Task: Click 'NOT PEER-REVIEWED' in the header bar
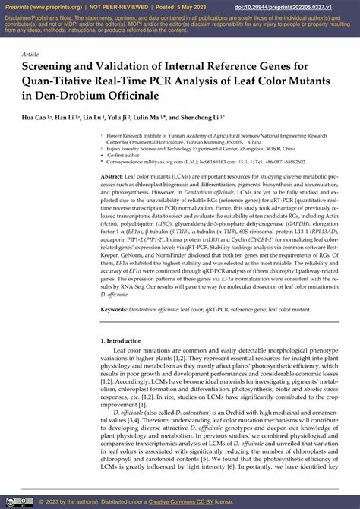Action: point(126,6)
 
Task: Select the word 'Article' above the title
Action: point(31,55)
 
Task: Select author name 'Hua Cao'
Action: point(35,118)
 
